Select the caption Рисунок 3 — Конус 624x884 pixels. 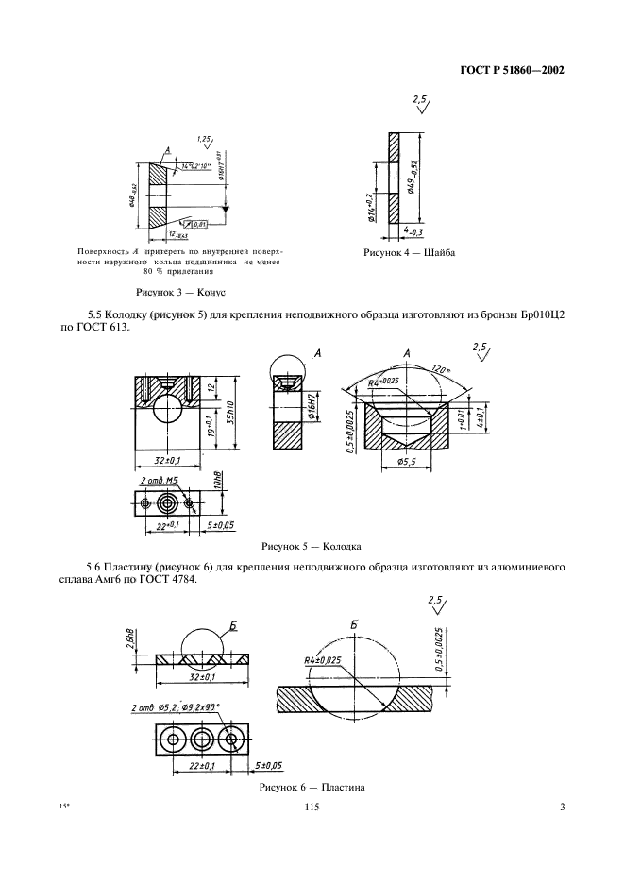(179, 293)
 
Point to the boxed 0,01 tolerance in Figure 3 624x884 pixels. (199, 224)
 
